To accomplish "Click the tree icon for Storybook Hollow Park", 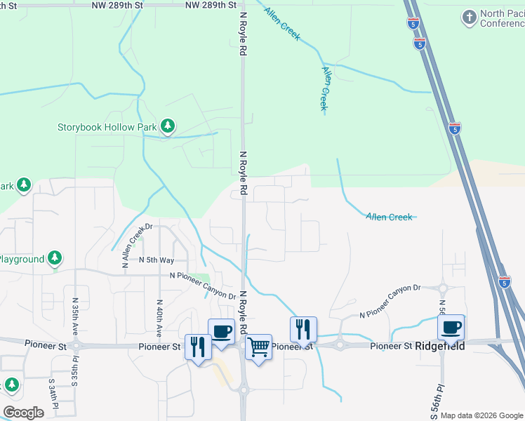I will (x=167, y=126).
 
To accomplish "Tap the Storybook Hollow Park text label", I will (x=107, y=127).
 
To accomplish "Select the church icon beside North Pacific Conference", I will (x=468, y=16).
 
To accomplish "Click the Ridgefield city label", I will (x=439, y=346).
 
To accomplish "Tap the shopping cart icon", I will (x=258, y=346).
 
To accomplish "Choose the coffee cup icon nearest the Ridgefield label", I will (x=451, y=326).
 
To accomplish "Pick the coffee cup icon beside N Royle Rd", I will (x=221, y=330).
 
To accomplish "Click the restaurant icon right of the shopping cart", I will (x=303, y=328).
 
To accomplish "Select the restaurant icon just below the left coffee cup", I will (x=197, y=346).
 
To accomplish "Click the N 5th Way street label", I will (x=156, y=260).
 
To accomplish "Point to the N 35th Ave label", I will (x=75, y=316).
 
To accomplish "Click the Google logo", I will (x=23, y=413).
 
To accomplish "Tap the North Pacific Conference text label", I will (x=502, y=18).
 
